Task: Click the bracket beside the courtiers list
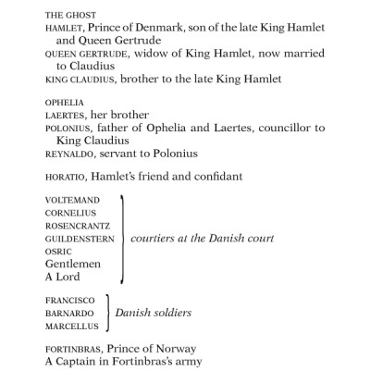(x=121, y=238)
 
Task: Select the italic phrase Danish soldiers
(x=153, y=313)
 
